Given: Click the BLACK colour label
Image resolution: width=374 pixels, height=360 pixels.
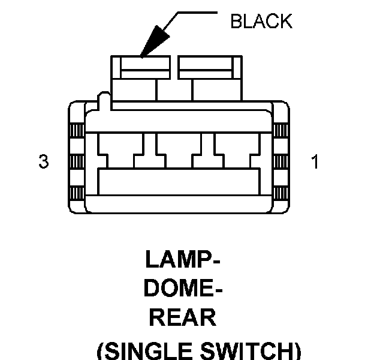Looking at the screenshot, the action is pos(261,21).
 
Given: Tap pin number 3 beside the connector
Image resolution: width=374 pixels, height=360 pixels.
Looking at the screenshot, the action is pos(44,161).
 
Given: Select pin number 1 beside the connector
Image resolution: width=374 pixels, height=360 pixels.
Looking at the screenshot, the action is pos(315,161).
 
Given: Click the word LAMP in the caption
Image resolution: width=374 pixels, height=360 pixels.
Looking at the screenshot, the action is pos(179,259).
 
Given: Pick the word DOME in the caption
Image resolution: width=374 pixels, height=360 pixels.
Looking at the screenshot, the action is pos(179,288).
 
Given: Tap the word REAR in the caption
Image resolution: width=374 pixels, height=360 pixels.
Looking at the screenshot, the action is pos(183,317).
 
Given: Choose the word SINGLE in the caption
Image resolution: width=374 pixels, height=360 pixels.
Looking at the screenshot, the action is pos(148,350).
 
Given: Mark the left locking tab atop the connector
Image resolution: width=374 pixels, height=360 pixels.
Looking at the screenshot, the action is pos(140,67).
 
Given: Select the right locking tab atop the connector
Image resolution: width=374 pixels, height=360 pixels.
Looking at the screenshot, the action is pos(210,67).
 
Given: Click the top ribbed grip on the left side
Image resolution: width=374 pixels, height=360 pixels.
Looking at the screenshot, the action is pos(77,130).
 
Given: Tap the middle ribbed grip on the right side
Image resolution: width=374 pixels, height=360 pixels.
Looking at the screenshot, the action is pos(280,161).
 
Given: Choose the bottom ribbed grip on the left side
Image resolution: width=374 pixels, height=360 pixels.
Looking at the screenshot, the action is pos(77,193).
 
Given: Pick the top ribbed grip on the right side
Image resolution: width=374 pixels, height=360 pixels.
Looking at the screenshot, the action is pos(280,130).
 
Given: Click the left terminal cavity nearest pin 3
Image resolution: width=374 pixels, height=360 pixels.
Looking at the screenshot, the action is pos(120,151).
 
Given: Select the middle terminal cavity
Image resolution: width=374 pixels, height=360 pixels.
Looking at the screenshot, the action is pos(179,151).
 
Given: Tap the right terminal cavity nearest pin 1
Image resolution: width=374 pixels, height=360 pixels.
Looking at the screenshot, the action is pos(237,151).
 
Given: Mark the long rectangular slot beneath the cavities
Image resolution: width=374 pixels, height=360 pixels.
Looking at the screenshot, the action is pos(179,182).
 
